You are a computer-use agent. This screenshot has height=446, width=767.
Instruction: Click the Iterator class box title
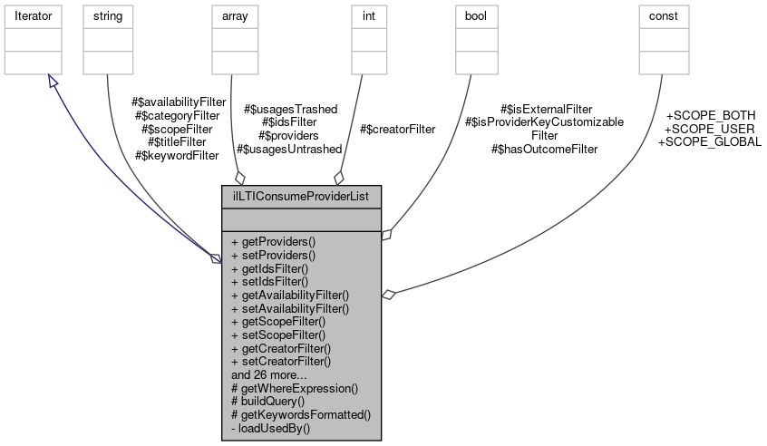(x=33, y=16)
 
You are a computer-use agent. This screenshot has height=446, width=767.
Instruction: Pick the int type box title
(x=365, y=16)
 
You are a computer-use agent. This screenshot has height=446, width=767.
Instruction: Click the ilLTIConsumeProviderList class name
(x=301, y=196)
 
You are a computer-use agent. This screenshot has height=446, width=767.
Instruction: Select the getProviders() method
(x=274, y=242)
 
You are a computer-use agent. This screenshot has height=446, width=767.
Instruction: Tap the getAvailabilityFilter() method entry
(x=290, y=295)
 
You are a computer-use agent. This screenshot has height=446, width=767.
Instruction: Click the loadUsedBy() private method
(x=270, y=426)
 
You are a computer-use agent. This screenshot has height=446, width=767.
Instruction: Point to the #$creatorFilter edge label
(x=397, y=130)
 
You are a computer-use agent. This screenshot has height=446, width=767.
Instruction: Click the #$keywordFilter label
(x=177, y=155)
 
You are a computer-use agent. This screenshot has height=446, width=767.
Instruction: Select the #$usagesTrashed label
(x=290, y=109)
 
